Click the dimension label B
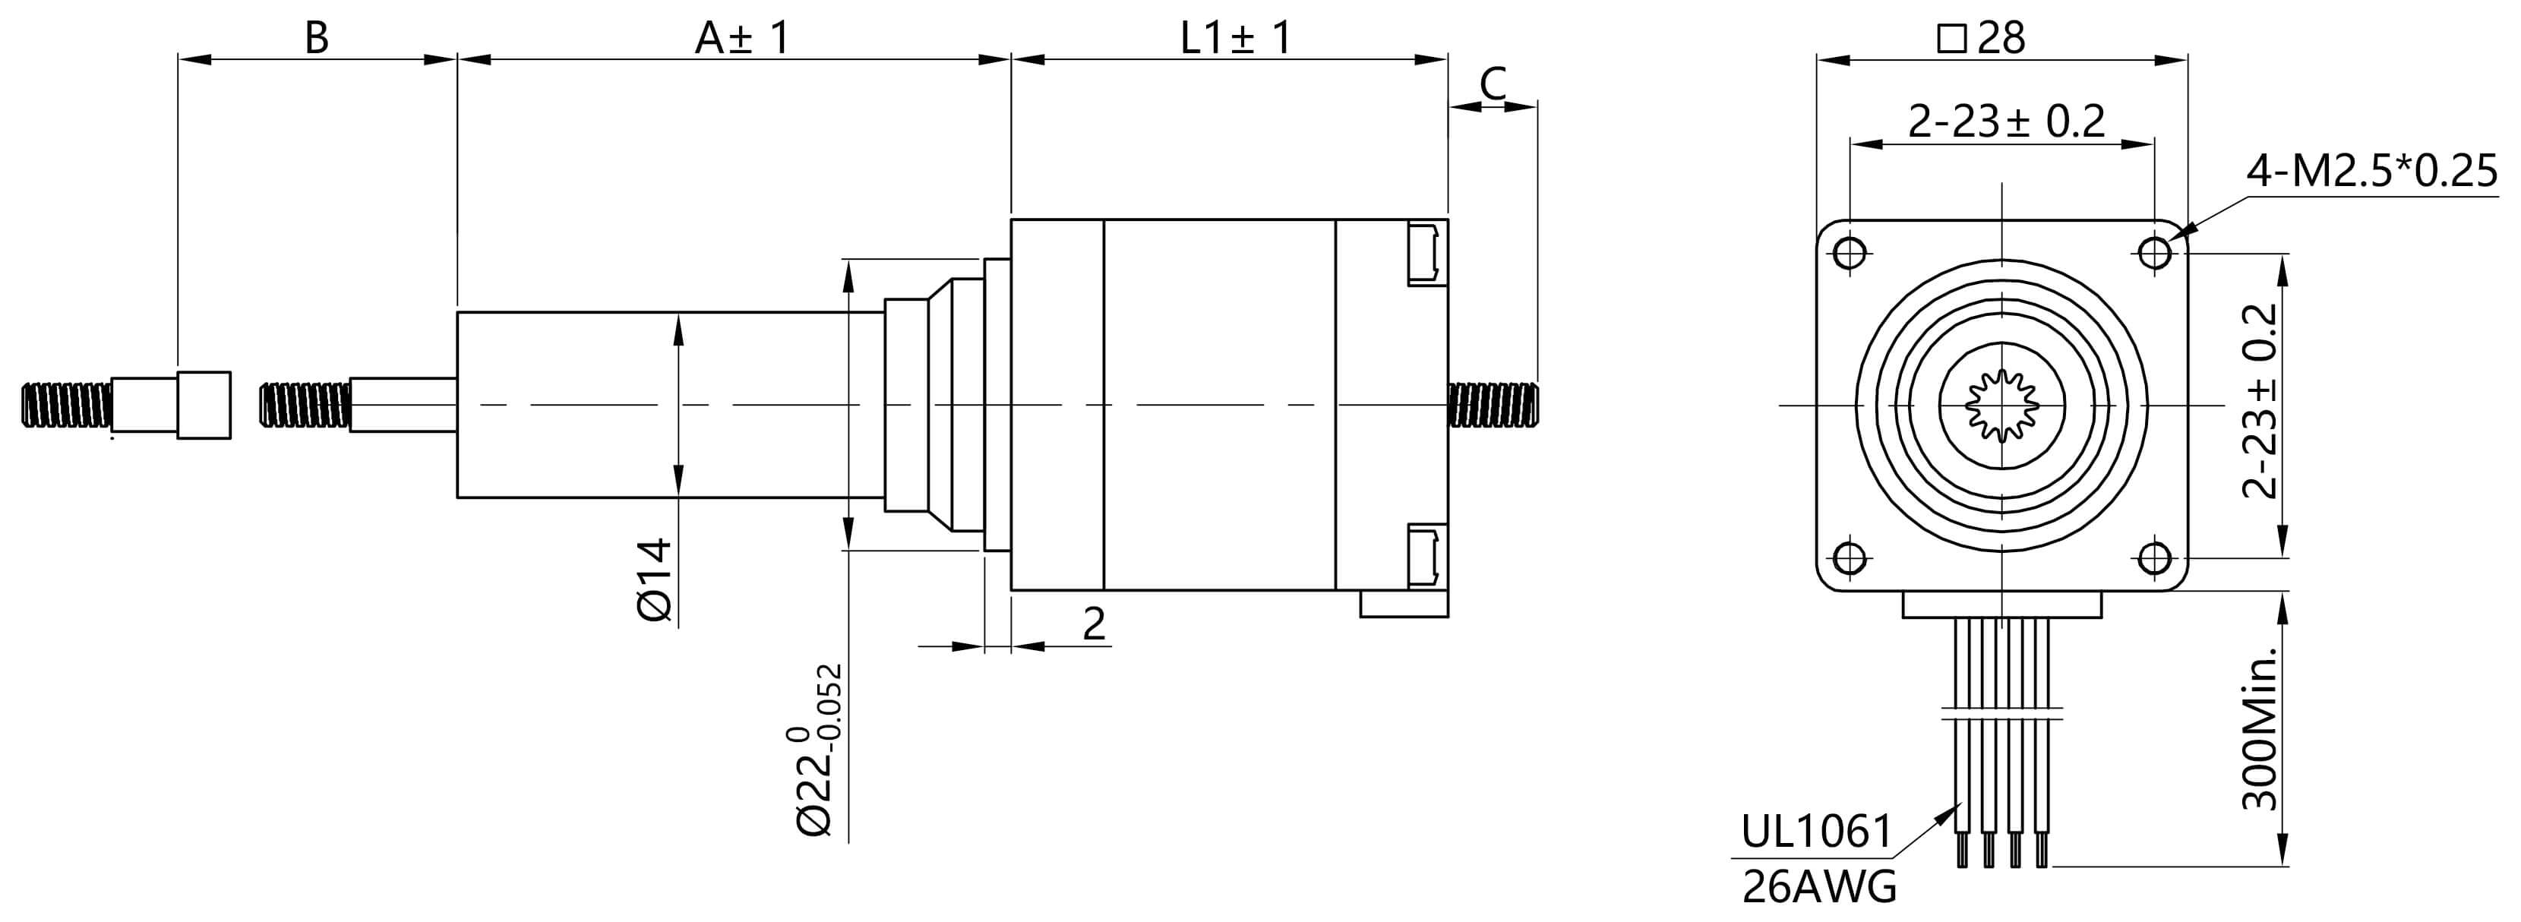316,37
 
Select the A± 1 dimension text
741,37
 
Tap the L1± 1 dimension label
1235,37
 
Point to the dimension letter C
1493,84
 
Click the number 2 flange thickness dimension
1094,624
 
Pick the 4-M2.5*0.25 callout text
2371,172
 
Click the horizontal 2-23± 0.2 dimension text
2006,122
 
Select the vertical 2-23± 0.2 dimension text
2260,401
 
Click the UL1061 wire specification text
1816,832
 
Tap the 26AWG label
1819,888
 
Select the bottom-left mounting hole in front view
1849,559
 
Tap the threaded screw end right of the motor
1493,404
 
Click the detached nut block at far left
204,404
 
